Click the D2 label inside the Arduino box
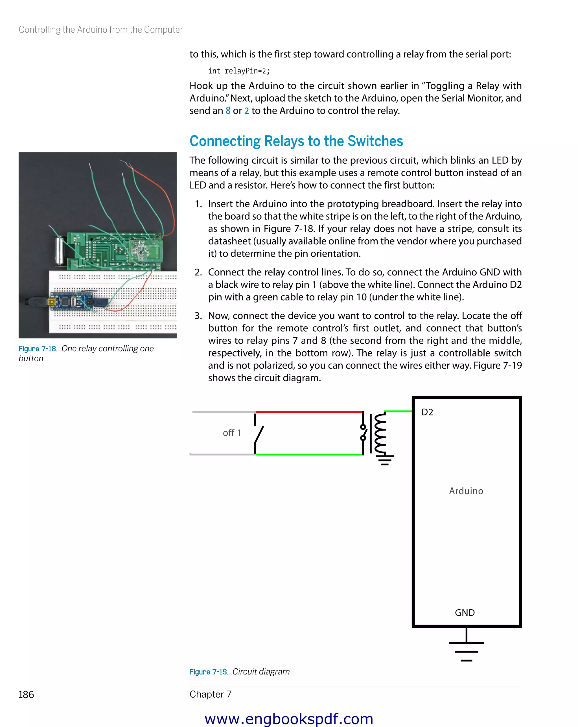(427, 412)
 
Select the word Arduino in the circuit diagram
(466, 491)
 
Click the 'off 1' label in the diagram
(232, 433)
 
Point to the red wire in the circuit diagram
(308, 412)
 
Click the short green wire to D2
(398, 411)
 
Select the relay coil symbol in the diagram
(380, 433)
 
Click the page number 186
(26, 695)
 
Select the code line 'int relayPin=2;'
(239, 71)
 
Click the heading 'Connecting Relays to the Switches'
(296, 141)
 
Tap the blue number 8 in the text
(228, 111)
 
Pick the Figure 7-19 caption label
(208, 672)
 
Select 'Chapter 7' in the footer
(211, 694)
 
